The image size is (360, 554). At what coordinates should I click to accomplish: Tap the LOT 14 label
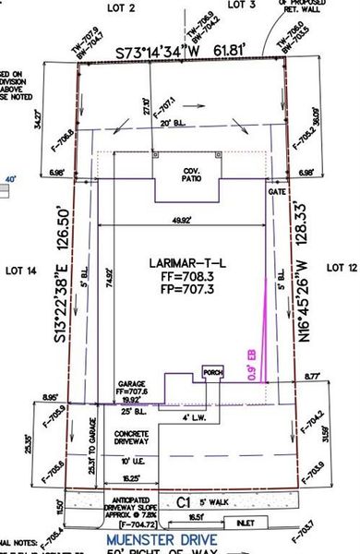click(19, 271)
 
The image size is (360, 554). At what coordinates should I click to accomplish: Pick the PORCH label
click(212, 373)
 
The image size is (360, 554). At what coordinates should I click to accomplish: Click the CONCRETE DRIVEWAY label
click(132, 437)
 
